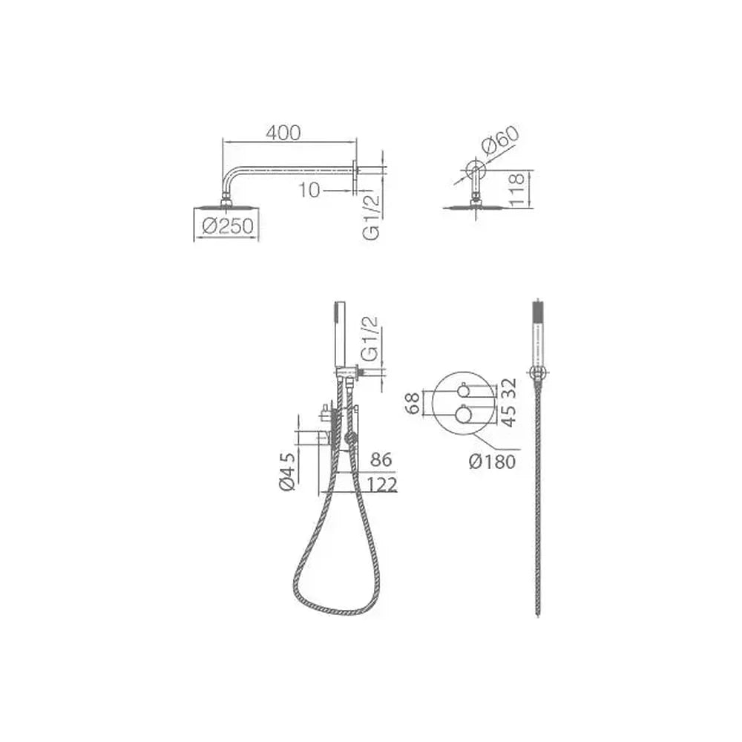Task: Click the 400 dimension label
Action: click(283, 133)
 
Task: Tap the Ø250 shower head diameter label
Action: click(228, 226)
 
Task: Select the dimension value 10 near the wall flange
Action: click(309, 191)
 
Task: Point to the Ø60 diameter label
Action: click(501, 140)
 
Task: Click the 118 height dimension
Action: click(517, 189)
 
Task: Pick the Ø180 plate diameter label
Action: click(492, 462)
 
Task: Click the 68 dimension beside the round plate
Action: click(413, 403)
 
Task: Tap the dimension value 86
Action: click(381, 459)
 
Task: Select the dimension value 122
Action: click(381, 485)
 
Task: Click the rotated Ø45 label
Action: click(286, 471)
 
